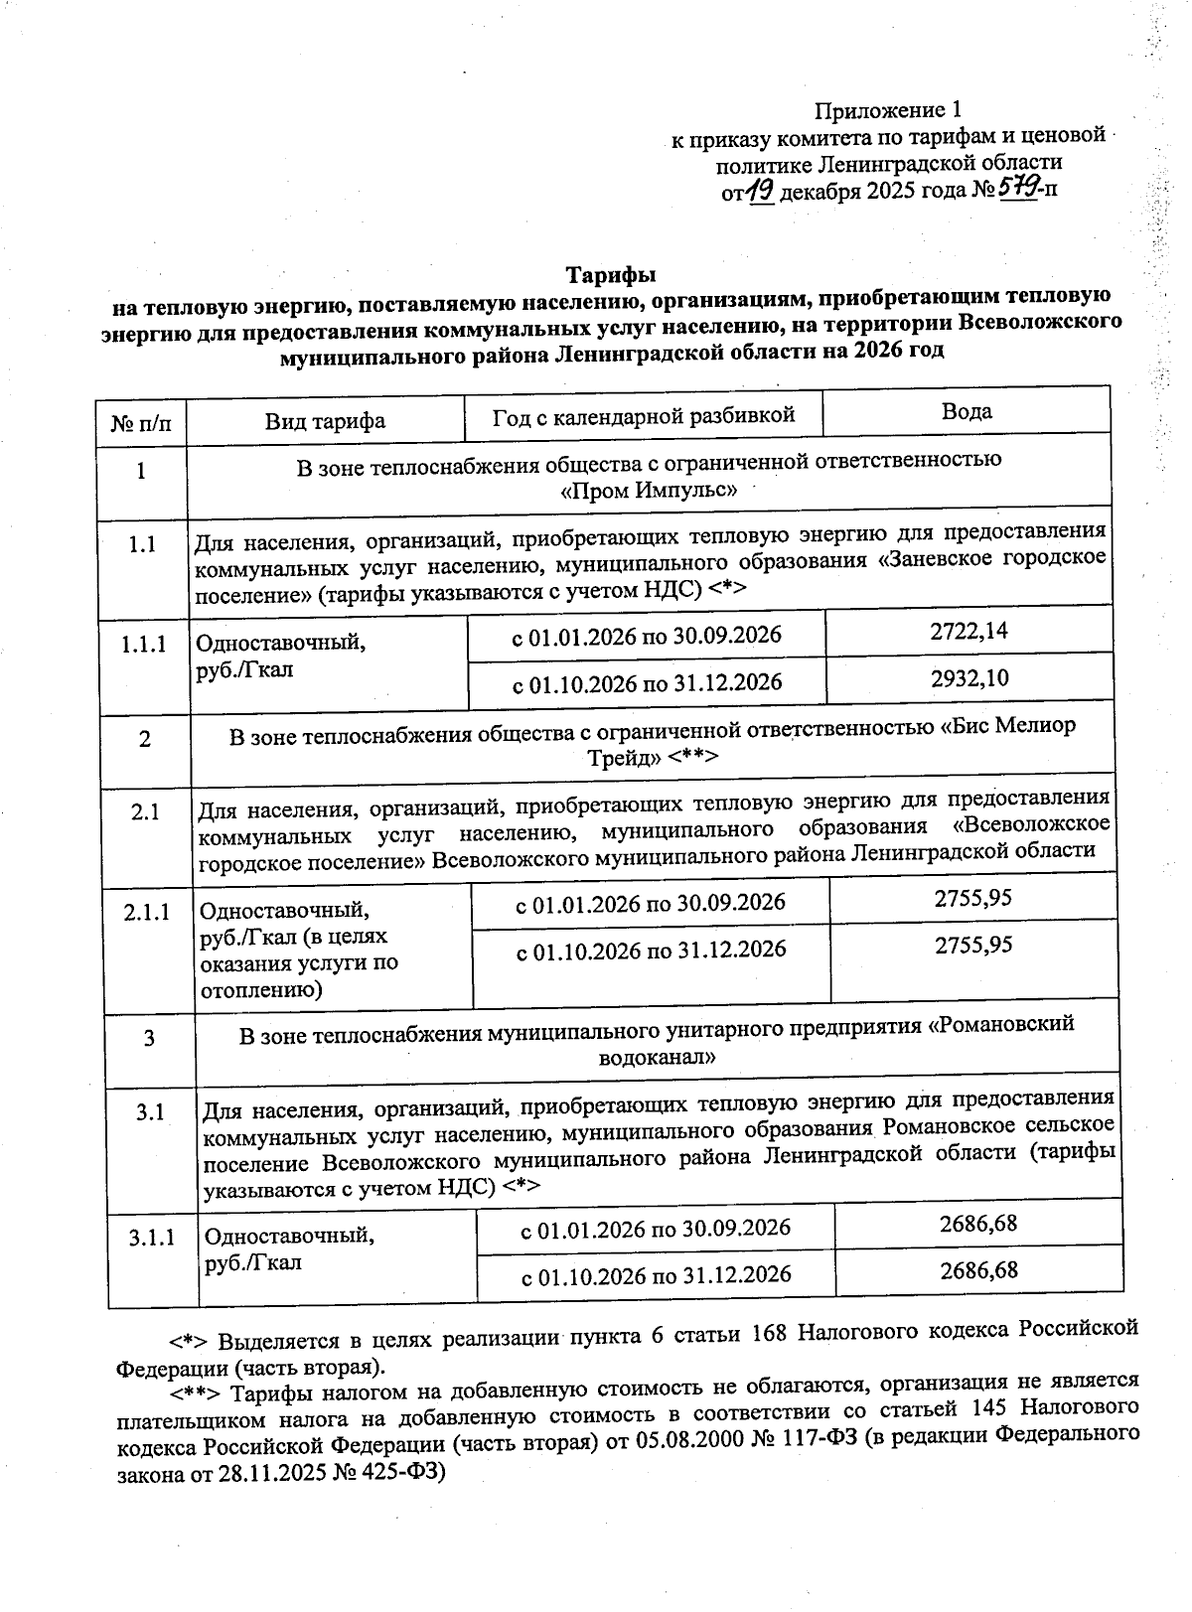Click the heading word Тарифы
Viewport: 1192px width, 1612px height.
[611, 273]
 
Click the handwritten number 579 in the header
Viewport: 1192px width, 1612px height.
[1015, 186]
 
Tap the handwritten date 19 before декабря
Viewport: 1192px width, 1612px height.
[760, 189]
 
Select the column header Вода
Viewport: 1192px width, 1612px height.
[967, 411]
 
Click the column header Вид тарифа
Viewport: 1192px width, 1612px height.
[325, 421]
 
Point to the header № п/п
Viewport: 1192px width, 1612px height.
[140, 423]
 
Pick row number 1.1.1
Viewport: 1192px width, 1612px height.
[143, 645]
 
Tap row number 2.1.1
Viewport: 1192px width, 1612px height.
[147, 911]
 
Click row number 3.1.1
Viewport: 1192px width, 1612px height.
[151, 1237]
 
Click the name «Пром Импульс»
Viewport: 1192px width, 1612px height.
[648, 490]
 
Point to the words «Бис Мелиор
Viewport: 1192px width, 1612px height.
[1007, 726]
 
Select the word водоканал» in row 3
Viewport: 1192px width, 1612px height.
[657, 1057]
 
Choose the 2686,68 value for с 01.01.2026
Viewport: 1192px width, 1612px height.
[977, 1223]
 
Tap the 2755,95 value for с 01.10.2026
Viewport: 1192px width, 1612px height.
[972, 945]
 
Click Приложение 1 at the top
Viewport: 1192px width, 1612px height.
[888, 108]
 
